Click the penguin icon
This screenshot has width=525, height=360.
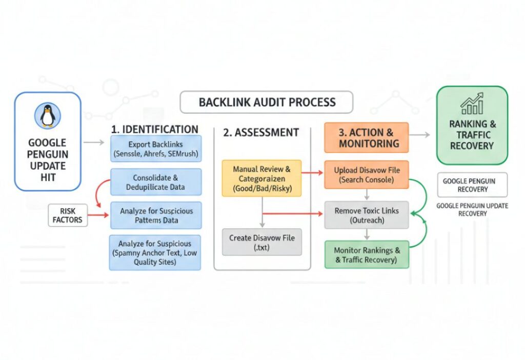coord(48,115)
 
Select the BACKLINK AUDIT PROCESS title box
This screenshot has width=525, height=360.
coord(267,102)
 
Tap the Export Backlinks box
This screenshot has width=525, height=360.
coord(155,149)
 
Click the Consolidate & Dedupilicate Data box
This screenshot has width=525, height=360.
coord(155,182)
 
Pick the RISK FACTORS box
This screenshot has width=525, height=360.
coord(67,215)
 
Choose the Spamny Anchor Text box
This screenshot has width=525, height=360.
coord(155,252)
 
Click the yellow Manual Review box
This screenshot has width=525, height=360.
coord(261,178)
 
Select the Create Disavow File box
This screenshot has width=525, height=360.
coord(261,242)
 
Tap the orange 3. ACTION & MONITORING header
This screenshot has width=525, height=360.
coord(366,137)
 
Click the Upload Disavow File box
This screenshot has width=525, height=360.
coord(366,174)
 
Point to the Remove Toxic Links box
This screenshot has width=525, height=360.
coord(366,215)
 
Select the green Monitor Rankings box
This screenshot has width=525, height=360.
coord(366,254)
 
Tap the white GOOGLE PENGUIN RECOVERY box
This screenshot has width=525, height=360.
coord(472,185)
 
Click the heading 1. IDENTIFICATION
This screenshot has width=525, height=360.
coord(154,129)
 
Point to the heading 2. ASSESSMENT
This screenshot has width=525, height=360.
coord(260,132)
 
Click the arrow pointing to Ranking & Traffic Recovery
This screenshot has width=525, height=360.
coord(420,135)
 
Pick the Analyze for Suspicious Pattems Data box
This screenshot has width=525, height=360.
coord(155,215)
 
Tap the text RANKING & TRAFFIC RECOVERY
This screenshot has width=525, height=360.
coord(471,134)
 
